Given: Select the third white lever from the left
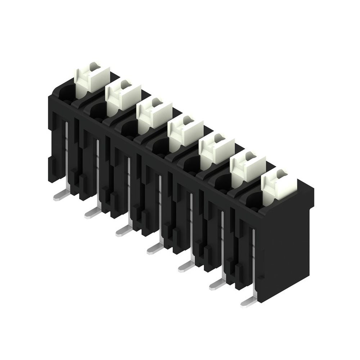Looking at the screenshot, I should [153, 114].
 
